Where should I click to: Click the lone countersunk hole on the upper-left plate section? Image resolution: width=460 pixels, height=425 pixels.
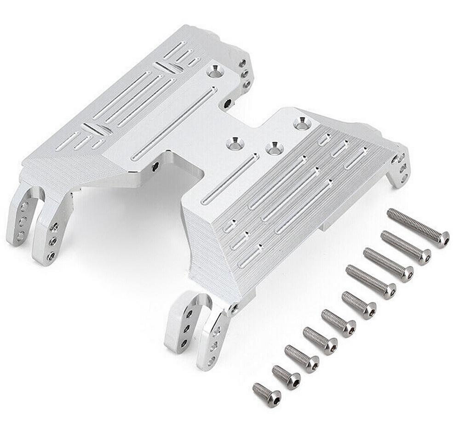(x=215, y=71)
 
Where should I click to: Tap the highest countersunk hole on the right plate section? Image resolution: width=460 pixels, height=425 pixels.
(x=302, y=123)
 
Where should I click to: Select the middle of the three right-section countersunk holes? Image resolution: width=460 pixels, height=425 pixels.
(x=275, y=148)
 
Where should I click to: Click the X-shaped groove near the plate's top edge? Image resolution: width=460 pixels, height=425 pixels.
(x=168, y=67)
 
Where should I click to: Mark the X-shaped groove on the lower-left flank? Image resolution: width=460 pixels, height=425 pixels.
(x=97, y=129)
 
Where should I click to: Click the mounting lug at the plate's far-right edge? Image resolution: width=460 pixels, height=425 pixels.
(x=398, y=168)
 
